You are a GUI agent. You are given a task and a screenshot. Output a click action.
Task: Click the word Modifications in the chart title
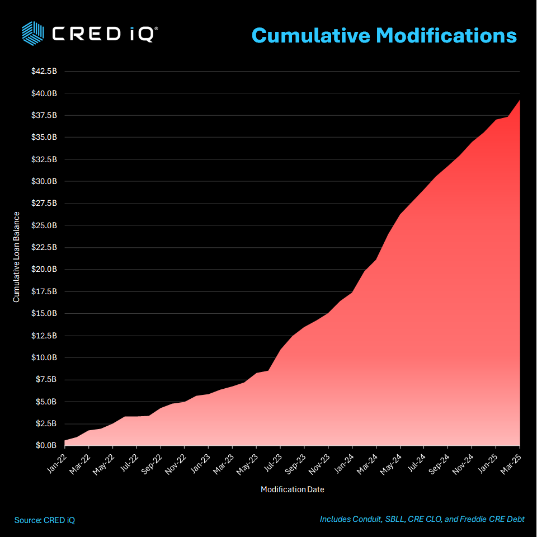coord(446,35)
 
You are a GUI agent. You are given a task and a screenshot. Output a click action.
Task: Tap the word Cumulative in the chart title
coord(311,35)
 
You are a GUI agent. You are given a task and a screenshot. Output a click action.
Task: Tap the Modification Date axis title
coord(293,489)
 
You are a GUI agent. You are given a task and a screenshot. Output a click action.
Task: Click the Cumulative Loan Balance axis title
coord(17,257)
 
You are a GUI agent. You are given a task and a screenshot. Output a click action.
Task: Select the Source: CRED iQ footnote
coord(45,520)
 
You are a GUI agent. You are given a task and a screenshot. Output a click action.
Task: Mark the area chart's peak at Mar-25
coord(520,100)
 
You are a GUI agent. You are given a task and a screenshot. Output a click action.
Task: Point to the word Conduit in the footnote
coord(366,519)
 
